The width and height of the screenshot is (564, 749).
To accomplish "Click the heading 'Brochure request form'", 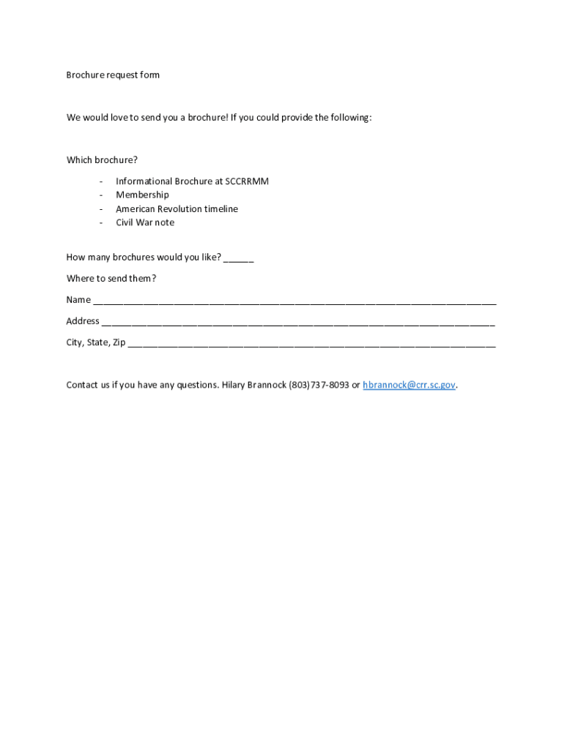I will pos(113,75).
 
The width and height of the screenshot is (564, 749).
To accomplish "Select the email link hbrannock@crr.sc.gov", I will pos(409,385).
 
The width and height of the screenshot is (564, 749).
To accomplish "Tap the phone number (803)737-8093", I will pos(319,385).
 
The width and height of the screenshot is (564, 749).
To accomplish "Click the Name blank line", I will pos(294,301).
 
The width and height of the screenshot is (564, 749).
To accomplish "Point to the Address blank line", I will pos(298,322).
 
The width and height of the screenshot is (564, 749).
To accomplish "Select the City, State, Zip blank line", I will pos(311,343).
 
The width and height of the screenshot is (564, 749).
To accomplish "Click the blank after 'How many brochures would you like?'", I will pos(239,258).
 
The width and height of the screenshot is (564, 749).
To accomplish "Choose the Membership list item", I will pos(142,195).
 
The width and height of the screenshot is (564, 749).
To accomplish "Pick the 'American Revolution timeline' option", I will pos(177,208).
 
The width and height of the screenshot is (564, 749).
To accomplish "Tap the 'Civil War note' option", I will pos(145,222).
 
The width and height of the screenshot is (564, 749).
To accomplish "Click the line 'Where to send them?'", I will pos(111,279).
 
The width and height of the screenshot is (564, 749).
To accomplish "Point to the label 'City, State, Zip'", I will pos(96,342).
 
